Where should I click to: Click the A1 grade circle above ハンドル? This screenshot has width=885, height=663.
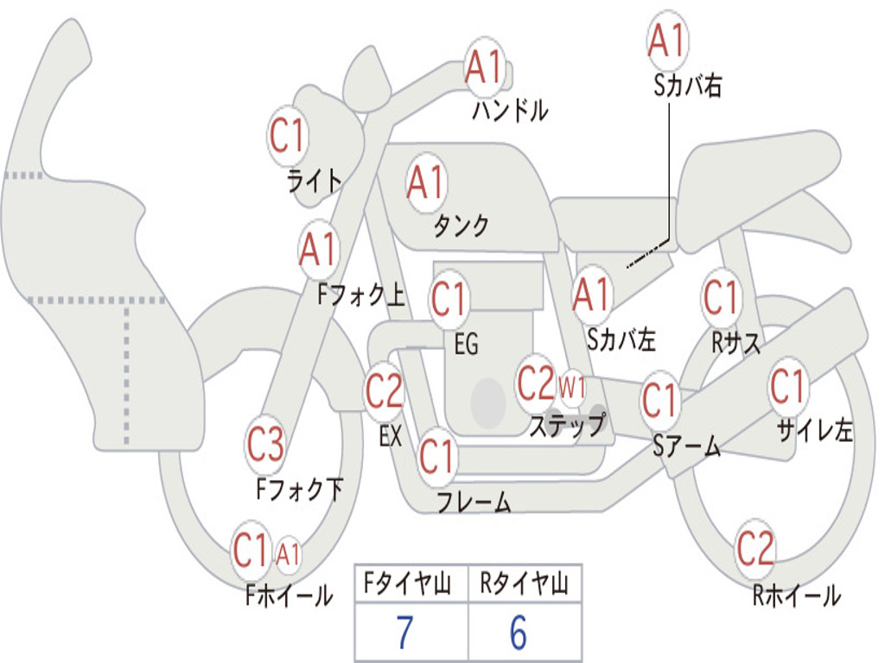pyautogui.click(x=484, y=67)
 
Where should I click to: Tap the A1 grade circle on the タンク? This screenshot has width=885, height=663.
pyautogui.click(x=425, y=183)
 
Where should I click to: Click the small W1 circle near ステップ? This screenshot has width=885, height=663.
pyautogui.click(x=571, y=386)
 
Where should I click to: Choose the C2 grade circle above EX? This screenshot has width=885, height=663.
pyautogui.click(x=385, y=393)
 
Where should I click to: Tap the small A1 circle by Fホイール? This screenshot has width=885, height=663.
pyautogui.click(x=289, y=553)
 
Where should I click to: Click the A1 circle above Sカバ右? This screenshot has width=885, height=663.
pyautogui.click(x=666, y=41)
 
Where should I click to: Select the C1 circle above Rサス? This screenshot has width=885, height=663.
pyautogui.click(x=721, y=299)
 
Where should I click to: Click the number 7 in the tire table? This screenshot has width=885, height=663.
pyautogui.click(x=404, y=633)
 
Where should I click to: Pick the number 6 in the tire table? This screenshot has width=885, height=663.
pyautogui.click(x=519, y=633)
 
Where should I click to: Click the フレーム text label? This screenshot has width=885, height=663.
pyautogui.click(x=474, y=502)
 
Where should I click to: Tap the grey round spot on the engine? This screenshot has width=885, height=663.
pyautogui.click(x=488, y=401)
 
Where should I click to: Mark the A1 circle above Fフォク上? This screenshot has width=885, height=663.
pyautogui.click(x=319, y=249)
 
